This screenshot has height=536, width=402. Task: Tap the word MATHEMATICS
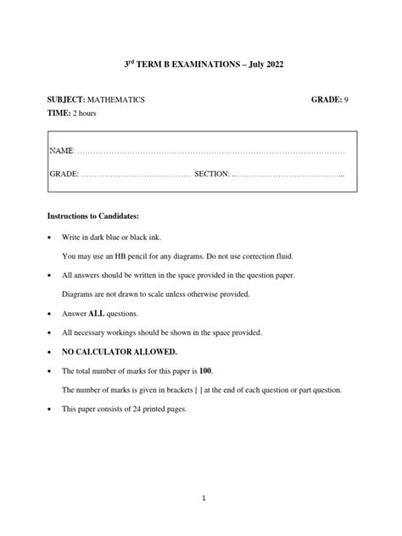pyautogui.click(x=120, y=99)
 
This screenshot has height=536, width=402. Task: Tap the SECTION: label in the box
pyautogui.click(x=211, y=174)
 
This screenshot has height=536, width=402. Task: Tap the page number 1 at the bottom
pyautogui.click(x=204, y=500)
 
